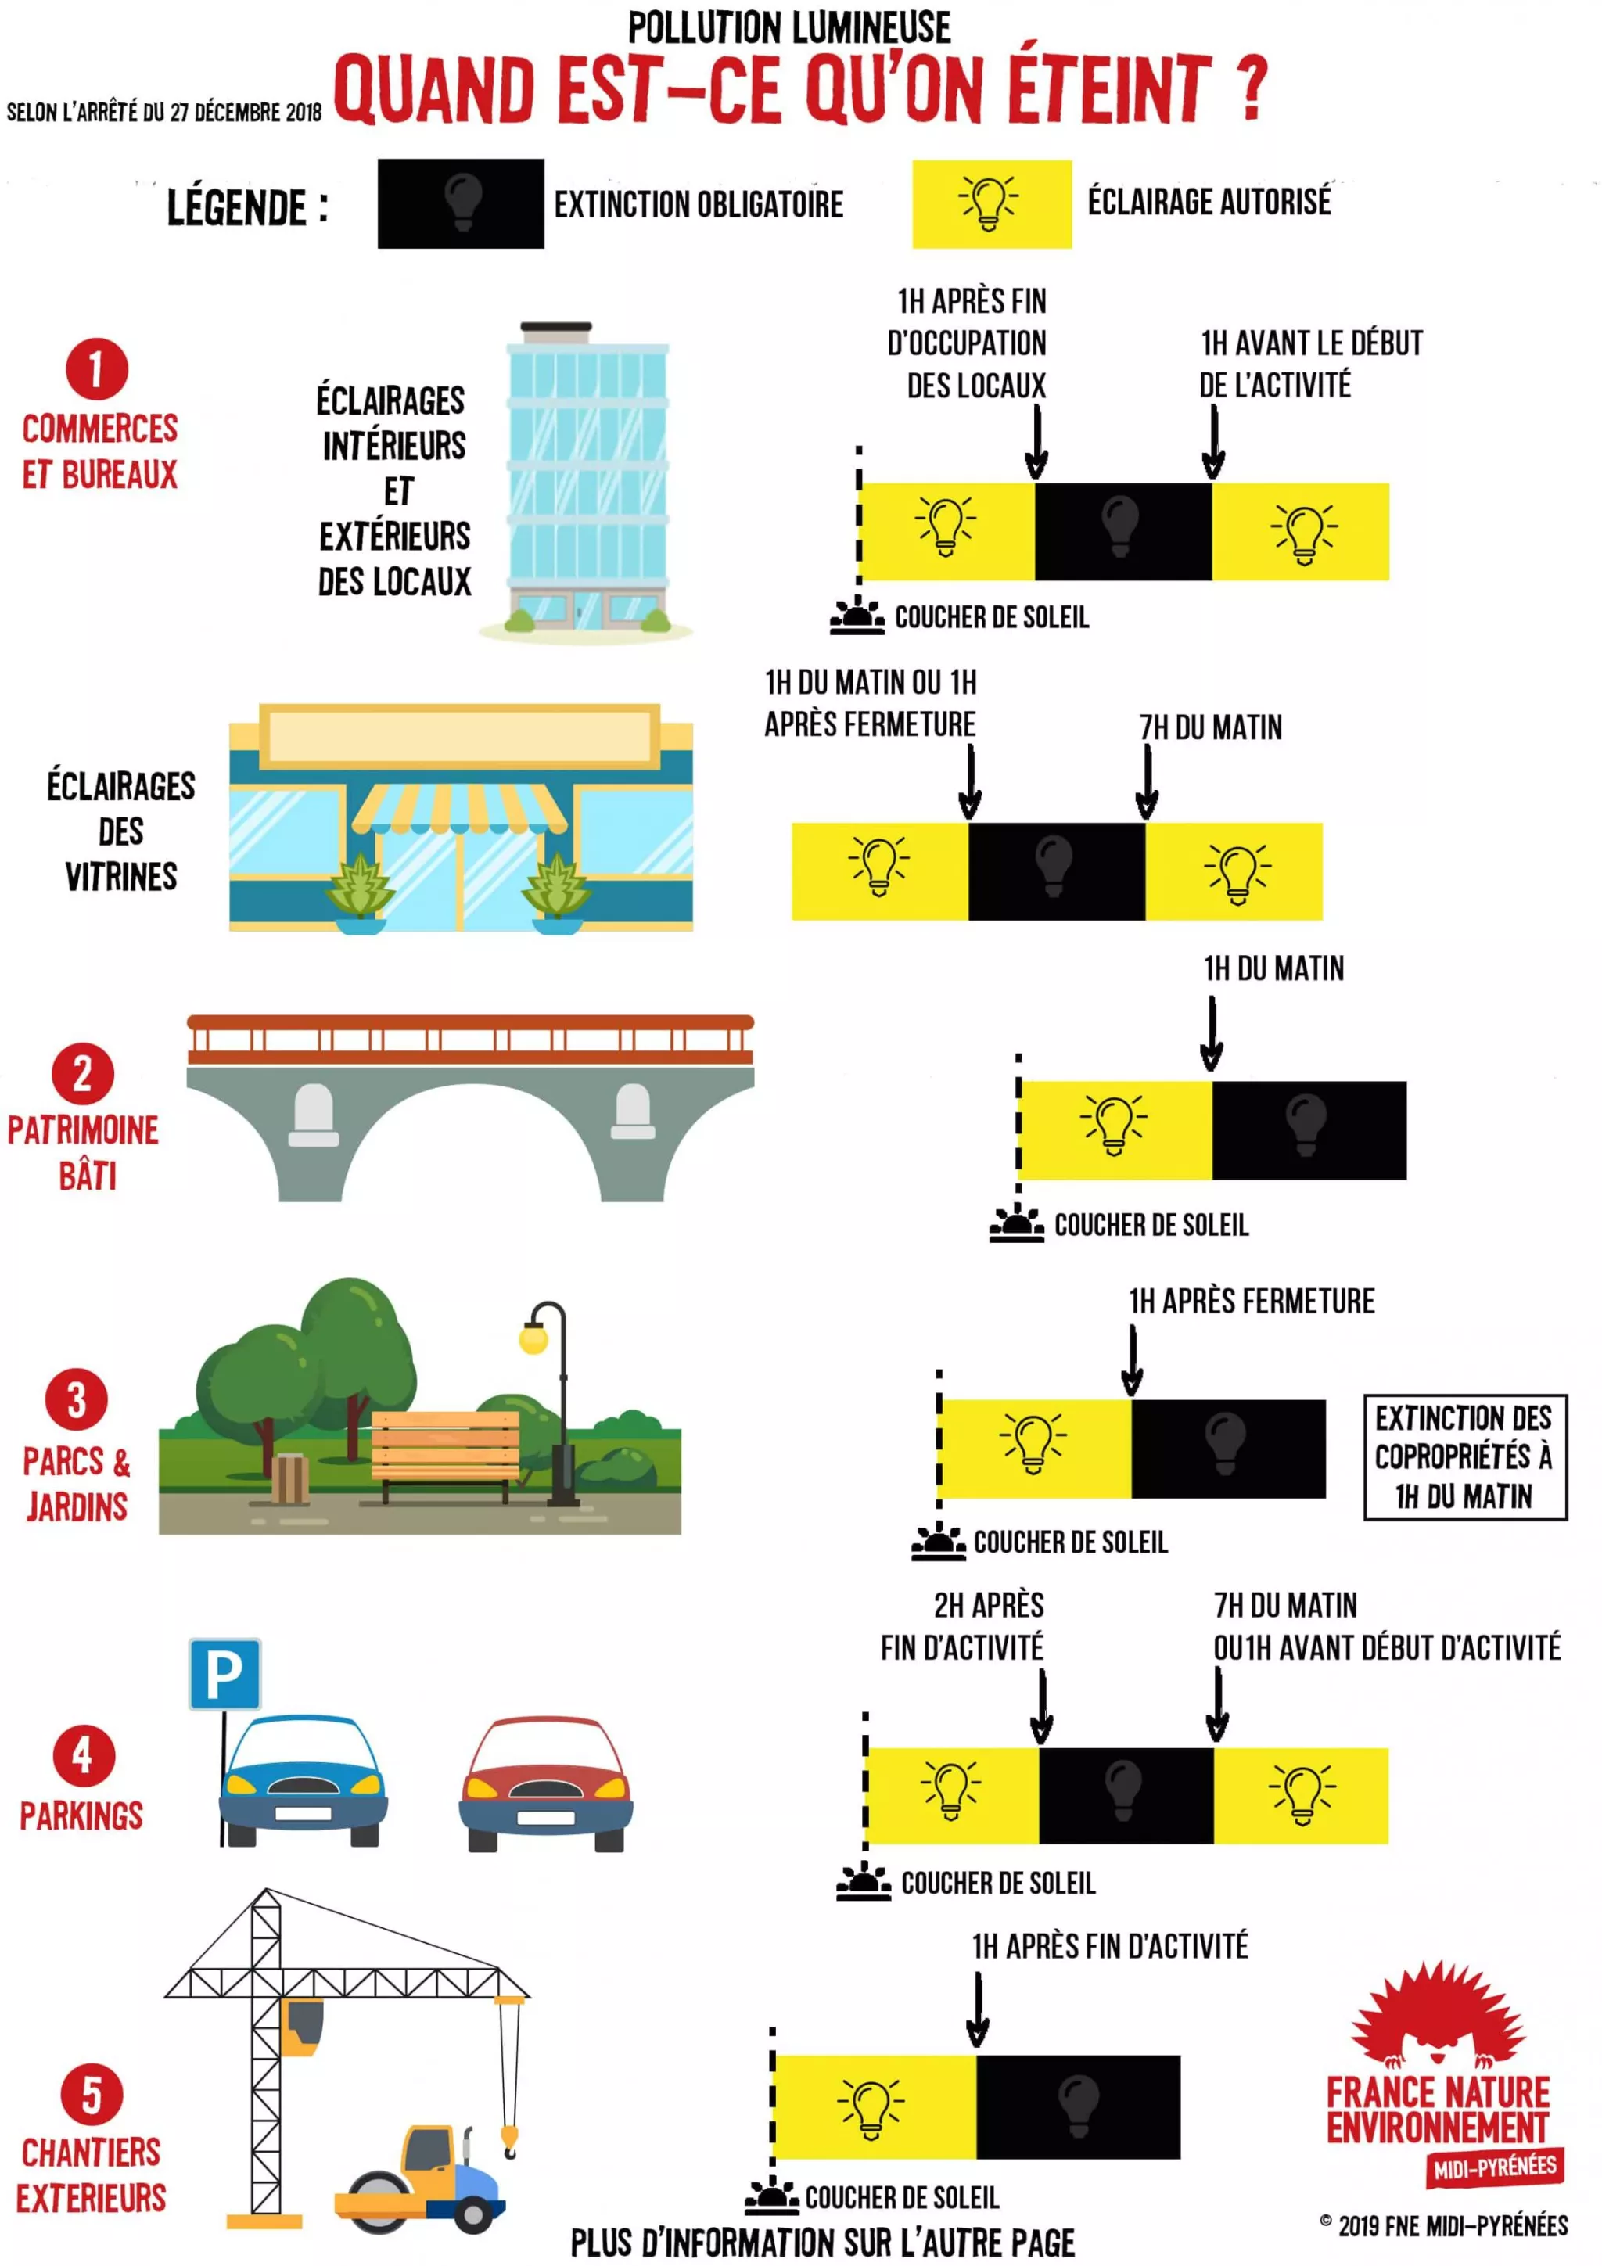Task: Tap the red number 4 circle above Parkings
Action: [83, 1754]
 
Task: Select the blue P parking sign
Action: [225, 1674]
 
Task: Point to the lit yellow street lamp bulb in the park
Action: [533, 1338]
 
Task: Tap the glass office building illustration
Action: [587, 479]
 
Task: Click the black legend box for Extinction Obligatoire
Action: [460, 203]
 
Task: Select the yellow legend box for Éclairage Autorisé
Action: [991, 203]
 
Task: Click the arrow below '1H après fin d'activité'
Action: [977, 2009]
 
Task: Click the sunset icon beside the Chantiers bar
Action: [771, 2198]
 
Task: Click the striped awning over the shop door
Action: [459, 808]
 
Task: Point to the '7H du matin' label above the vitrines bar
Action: [1210, 727]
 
